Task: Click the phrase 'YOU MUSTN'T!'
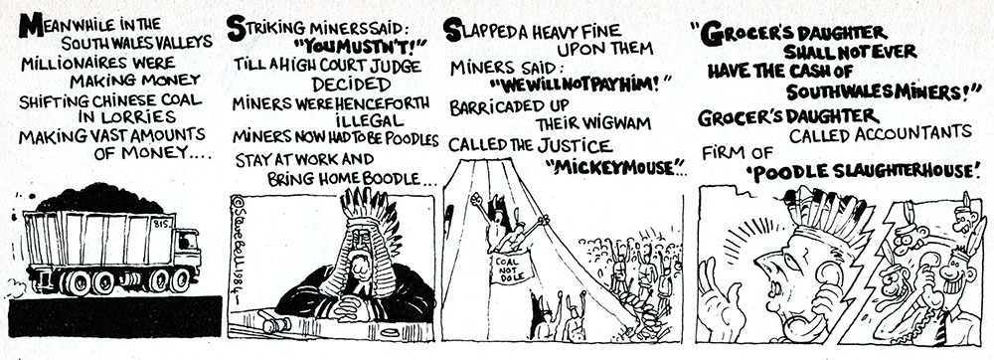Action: (350, 46)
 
